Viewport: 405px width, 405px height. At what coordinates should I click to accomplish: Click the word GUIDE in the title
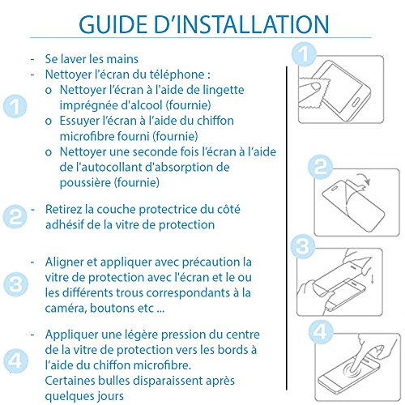click(113, 24)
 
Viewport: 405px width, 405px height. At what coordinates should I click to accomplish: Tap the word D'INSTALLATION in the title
click(241, 24)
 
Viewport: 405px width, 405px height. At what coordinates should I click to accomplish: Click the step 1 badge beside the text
click(15, 106)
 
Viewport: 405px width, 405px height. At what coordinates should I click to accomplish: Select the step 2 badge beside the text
click(15, 216)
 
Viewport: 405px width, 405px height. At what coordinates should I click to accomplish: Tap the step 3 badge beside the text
click(15, 284)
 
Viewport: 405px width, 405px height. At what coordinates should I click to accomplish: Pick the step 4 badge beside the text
click(15, 361)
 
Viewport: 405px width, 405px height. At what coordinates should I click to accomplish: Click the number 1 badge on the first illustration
click(304, 54)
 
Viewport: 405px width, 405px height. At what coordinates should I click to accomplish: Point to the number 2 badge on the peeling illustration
click(320, 167)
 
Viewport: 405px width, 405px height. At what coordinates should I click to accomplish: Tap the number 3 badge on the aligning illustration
click(303, 246)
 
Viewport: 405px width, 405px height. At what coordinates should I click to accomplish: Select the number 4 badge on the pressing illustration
click(321, 332)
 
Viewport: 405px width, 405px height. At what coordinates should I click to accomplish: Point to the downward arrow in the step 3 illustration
click(372, 279)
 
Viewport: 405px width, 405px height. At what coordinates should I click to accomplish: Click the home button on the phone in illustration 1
click(356, 102)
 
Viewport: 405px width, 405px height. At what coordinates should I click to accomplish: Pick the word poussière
click(85, 183)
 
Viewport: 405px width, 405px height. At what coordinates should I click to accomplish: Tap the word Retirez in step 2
click(63, 209)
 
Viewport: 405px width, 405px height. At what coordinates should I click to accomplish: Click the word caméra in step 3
click(66, 308)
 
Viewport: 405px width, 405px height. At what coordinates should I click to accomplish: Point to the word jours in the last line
click(110, 396)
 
